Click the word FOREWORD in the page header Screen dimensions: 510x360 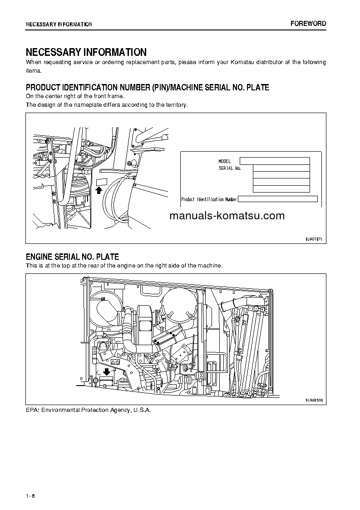(308, 24)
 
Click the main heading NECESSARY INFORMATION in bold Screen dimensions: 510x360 (86, 52)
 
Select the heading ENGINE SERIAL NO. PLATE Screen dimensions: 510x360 (72, 257)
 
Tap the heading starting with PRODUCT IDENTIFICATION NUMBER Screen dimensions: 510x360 (148, 87)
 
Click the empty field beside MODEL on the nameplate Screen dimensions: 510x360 (275, 161)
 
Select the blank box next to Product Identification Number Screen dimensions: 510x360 (277, 199)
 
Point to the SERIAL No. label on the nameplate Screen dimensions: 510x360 (230, 168)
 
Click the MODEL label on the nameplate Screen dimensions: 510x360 (225, 161)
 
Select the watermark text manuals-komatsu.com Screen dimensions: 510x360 (227, 216)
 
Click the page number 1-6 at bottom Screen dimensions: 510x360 (30, 495)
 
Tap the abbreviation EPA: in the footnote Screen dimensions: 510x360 (33, 410)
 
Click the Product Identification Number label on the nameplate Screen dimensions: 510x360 (209, 199)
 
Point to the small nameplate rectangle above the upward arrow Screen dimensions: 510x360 (101, 182)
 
